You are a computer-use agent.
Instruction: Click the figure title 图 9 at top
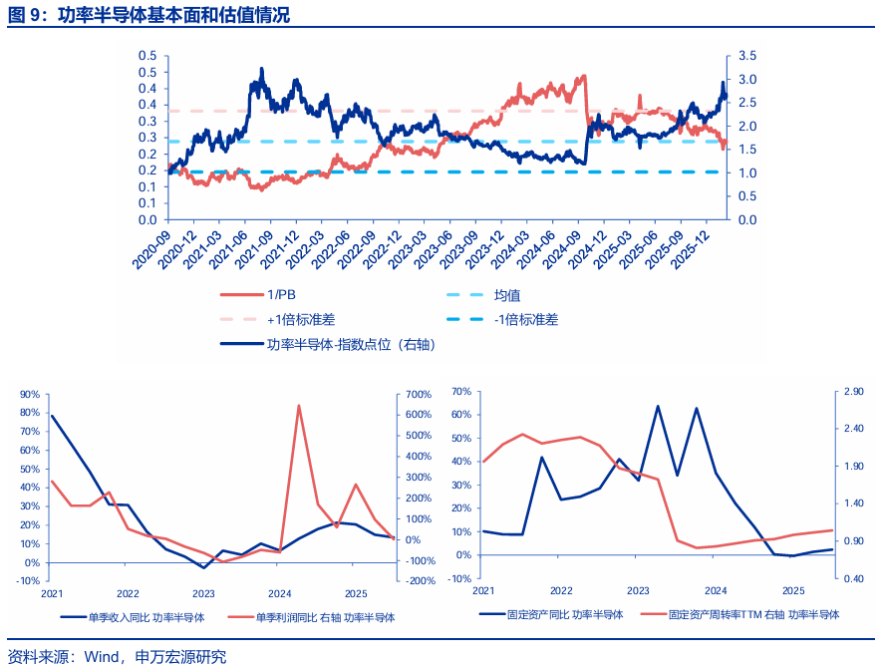30,15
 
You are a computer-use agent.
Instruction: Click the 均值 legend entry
507,295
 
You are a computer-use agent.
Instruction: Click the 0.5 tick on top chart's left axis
147,56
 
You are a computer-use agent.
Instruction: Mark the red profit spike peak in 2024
299,405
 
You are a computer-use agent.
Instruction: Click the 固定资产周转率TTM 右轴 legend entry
752,614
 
